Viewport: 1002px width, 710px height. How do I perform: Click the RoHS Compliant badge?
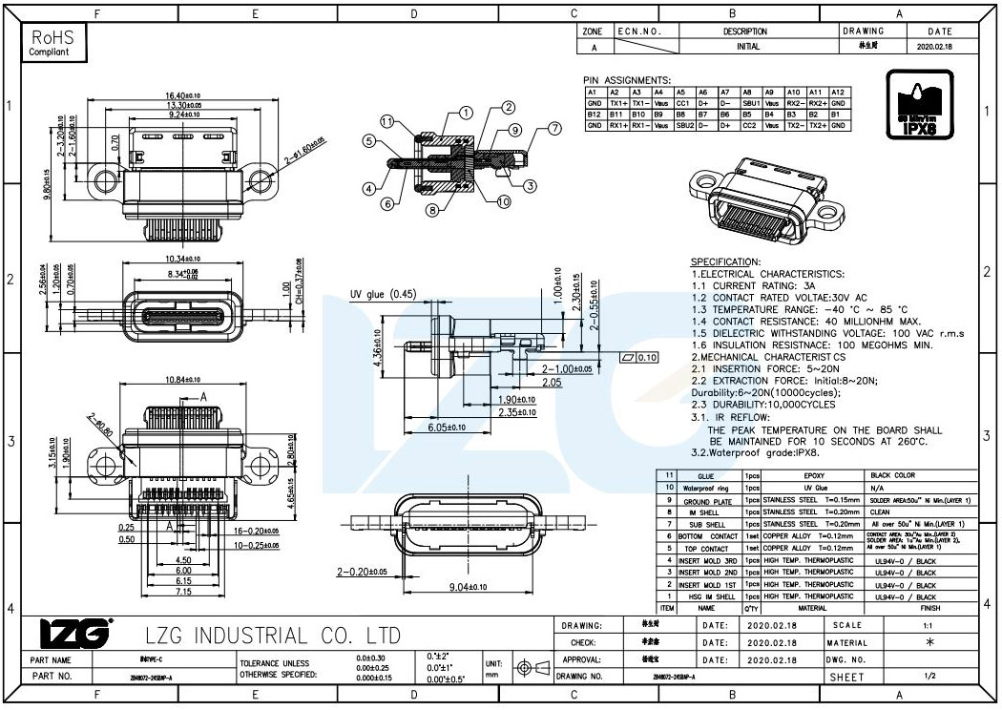52,43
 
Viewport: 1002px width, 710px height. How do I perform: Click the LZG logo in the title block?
74,633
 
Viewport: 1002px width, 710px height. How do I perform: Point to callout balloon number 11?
387,122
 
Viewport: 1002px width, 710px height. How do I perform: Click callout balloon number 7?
553,127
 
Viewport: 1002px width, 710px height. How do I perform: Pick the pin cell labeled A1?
594,92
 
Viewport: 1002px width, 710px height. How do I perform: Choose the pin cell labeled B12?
594,115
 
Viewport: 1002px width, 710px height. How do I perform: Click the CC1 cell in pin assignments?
682,103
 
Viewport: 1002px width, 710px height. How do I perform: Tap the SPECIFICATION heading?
725,261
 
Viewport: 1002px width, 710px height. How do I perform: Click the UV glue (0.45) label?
383,294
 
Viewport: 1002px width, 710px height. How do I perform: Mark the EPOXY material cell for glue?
813,475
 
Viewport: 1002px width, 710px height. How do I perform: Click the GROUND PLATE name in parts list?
705,500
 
